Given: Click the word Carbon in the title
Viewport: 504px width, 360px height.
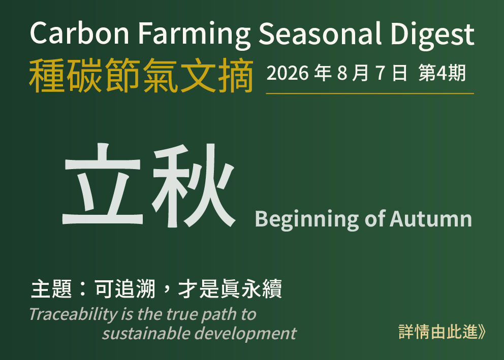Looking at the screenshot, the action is [x=79, y=33].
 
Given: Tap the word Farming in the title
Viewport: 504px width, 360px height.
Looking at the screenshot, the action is [x=194, y=36].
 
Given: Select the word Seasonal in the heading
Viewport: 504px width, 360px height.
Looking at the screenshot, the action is [x=320, y=33].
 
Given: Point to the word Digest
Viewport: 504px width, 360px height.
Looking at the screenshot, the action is [x=433, y=36].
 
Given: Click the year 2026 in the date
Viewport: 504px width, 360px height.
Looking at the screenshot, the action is [x=288, y=73].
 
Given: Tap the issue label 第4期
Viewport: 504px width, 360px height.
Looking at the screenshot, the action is [x=442, y=73].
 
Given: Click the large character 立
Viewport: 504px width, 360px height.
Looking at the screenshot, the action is [x=103, y=184].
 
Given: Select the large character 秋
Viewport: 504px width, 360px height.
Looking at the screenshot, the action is [x=194, y=185].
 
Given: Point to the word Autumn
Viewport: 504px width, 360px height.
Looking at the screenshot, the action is [x=431, y=219].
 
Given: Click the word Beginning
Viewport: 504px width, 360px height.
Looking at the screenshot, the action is [x=307, y=220].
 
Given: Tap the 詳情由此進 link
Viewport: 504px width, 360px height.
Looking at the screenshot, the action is [x=442, y=332].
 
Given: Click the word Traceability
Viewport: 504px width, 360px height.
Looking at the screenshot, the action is [x=73, y=314].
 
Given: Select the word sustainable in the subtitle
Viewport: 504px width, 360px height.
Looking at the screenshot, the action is [x=146, y=334].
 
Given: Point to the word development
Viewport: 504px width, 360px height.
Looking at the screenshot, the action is [x=245, y=334].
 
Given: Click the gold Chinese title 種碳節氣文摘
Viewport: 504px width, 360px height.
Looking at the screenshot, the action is [x=141, y=76].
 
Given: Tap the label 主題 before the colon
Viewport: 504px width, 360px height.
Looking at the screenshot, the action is [x=51, y=289].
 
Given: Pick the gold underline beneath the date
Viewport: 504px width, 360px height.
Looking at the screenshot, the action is [x=370, y=93].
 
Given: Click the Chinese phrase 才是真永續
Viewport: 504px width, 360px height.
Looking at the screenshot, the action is [x=230, y=289].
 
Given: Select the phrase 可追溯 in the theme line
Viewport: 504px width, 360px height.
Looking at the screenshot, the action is [x=125, y=289].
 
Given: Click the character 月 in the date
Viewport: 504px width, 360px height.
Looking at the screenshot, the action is [x=360, y=73].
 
